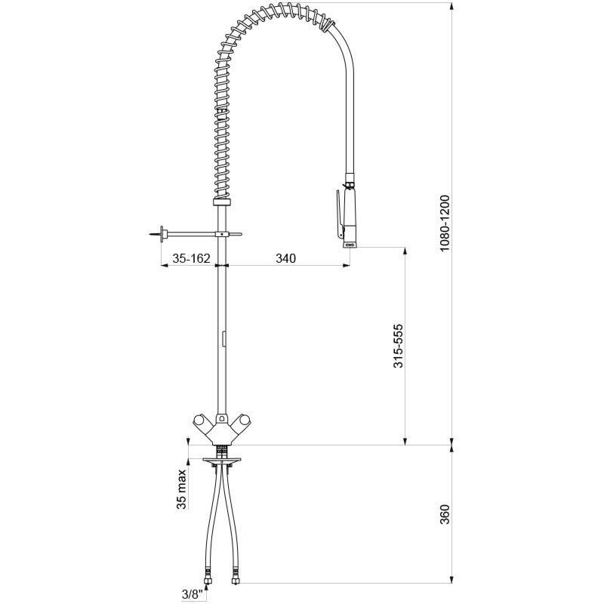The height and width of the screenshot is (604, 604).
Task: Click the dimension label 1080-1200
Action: [445, 223]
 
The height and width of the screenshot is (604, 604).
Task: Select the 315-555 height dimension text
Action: [399, 346]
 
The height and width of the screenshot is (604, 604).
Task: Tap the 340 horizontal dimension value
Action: [286, 258]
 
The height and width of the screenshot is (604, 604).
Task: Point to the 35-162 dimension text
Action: [191, 258]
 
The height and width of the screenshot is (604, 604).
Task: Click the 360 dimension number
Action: [445, 514]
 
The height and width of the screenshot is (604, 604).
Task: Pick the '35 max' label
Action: [181, 488]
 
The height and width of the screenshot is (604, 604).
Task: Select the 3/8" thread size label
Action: [193, 595]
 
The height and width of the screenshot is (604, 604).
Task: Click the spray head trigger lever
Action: [338, 213]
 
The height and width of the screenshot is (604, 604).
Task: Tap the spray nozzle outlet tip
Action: [350, 244]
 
